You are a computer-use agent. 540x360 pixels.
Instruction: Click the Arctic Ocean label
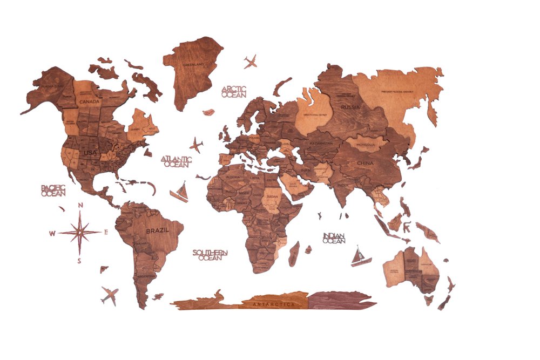(233, 91)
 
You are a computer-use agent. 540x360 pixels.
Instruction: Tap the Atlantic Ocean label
(176, 161)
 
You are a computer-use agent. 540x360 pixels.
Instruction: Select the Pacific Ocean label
(53, 190)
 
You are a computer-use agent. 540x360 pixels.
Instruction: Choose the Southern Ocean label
(210, 255)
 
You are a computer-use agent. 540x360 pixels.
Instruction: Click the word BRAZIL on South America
(157, 230)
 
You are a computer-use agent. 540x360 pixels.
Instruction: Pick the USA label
(90, 153)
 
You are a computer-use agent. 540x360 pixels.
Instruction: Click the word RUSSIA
(350, 107)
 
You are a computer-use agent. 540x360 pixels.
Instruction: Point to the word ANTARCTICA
(274, 304)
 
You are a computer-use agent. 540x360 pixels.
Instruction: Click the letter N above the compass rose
(80, 205)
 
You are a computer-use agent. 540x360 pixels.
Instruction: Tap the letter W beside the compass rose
(52, 233)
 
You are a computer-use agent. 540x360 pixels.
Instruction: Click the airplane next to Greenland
(250, 62)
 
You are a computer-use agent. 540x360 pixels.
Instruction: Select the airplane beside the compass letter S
(110, 295)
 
